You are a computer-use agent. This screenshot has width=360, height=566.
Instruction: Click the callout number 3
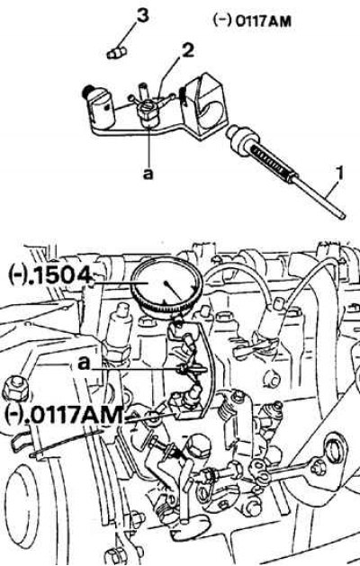tap(142, 16)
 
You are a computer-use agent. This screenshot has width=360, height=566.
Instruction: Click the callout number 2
tap(187, 50)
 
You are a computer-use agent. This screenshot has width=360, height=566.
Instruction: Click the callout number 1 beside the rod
tap(340, 174)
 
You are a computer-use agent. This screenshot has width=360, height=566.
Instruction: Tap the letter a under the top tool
tap(148, 174)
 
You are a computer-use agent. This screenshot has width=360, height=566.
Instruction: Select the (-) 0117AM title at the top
tap(252, 21)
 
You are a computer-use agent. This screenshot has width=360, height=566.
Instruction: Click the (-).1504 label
tap(49, 275)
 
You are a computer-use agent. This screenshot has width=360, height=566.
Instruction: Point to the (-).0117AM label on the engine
tap(64, 415)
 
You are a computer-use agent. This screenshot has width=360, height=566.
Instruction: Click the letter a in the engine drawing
tap(84, 363)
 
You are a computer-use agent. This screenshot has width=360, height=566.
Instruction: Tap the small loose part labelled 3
tap(116, 53)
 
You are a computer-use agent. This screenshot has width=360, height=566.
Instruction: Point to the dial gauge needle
tap(174, 291)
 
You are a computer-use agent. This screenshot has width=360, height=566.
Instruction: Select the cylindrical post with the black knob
tap(100, 107)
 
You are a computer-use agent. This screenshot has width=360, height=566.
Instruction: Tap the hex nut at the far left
tap(16, 389)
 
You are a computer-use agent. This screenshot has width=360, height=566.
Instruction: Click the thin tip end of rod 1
tap(342, 215)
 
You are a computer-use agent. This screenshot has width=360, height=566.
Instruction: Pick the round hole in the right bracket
tap(333, 448)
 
